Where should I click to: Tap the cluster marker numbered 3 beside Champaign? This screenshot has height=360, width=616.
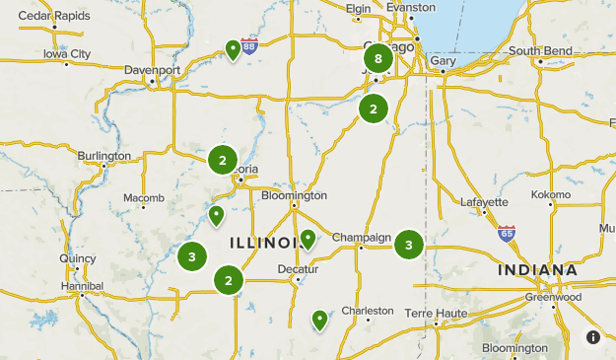(408, 244)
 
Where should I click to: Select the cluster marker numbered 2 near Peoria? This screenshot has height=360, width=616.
(223, 159)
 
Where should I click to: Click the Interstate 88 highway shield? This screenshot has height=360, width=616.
(249, 45)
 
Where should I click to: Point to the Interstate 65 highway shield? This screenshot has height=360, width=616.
(507, 234)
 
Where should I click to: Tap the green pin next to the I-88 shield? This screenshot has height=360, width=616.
(233, 49)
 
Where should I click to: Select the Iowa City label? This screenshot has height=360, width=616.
(67, 53)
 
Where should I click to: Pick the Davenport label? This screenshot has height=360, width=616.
(153, 70)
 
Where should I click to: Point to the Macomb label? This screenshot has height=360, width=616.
(144, 198)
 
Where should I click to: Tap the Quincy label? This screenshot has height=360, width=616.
(77, 258)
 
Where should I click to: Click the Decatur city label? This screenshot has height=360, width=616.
(297, 267)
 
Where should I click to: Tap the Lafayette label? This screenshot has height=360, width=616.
(484, 201)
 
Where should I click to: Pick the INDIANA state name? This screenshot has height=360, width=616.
(537, 269)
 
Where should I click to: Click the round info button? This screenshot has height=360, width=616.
(593, 336)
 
